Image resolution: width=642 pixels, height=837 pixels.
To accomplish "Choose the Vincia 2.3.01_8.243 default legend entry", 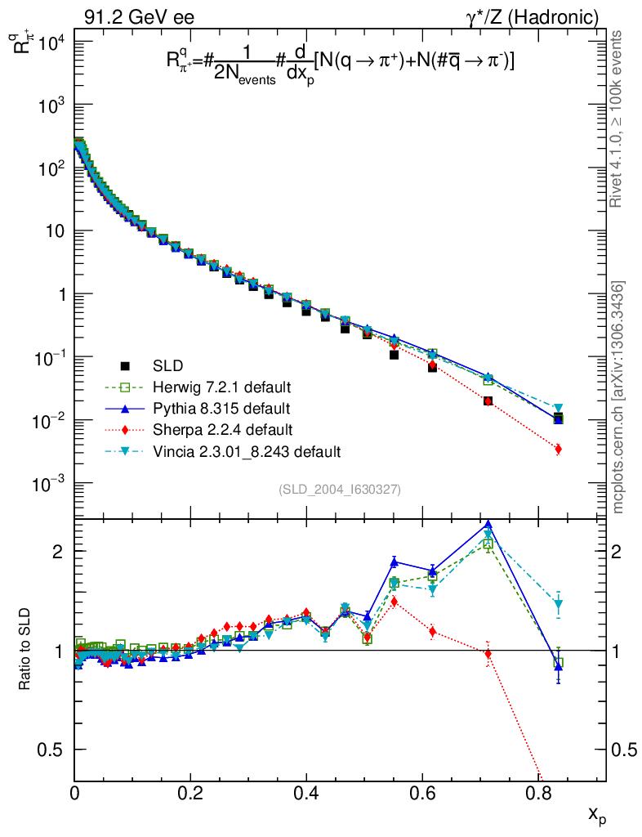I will (x=246, y=451).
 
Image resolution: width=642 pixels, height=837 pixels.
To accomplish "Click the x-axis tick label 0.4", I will (x=306, y=792).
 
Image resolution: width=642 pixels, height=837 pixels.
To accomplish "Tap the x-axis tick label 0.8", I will (x=537, y=792).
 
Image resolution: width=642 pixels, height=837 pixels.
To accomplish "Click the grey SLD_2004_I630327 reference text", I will (x=339, y=490).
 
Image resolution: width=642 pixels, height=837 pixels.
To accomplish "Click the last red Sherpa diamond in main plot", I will (x=558, y=449).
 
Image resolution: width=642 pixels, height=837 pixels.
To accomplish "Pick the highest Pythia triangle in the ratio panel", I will (x=488, y=526).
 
